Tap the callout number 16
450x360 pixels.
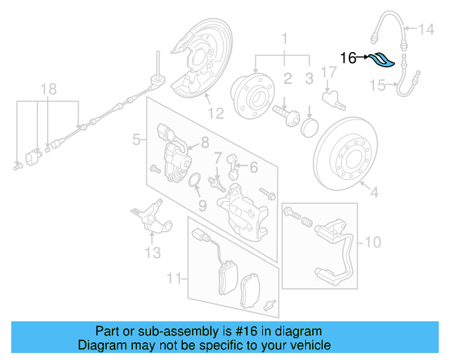click(349, 58)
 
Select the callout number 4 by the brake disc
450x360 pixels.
click(374, 191)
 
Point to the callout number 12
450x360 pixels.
click(215, 112)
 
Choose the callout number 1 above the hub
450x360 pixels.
click(285, 37)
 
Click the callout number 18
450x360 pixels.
click(48, 89)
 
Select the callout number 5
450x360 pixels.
click(136, 141)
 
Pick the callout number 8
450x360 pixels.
click(205, 142)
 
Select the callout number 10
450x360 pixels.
click(373, 243)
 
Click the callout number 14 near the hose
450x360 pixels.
click(427, 29)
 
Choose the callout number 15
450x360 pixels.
click(378, 86)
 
